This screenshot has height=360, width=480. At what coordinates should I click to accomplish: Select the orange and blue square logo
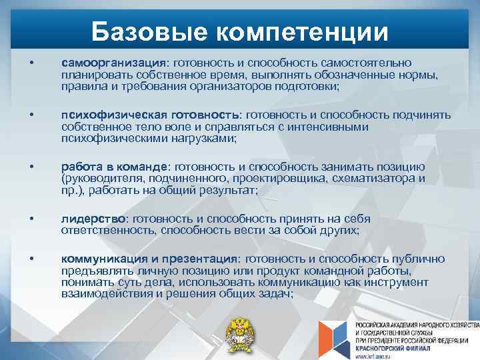[x=333, y=336]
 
